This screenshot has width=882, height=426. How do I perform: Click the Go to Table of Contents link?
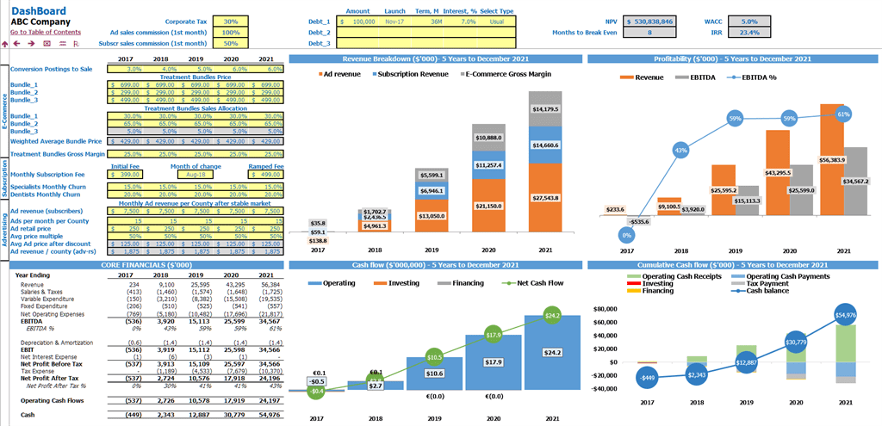tap(46, 32)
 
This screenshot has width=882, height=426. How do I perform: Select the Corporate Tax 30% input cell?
tap(230, 21)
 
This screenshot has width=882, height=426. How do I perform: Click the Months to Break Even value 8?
tap(649, 33)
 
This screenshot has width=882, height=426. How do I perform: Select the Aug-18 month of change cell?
tap(196, 174)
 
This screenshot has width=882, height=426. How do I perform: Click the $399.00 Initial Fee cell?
tap(126, 174)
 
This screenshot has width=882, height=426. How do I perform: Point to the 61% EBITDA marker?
tap(843, 114)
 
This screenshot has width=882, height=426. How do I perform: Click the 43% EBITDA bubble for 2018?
tap(681, 150)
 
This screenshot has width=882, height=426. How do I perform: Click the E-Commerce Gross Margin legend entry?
tap(505, 74)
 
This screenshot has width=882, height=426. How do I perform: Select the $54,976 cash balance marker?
tap(846, 316)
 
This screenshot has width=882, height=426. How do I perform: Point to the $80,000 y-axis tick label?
tap(607, 308)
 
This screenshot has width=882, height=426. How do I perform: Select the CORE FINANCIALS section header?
tap(144, 265)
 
